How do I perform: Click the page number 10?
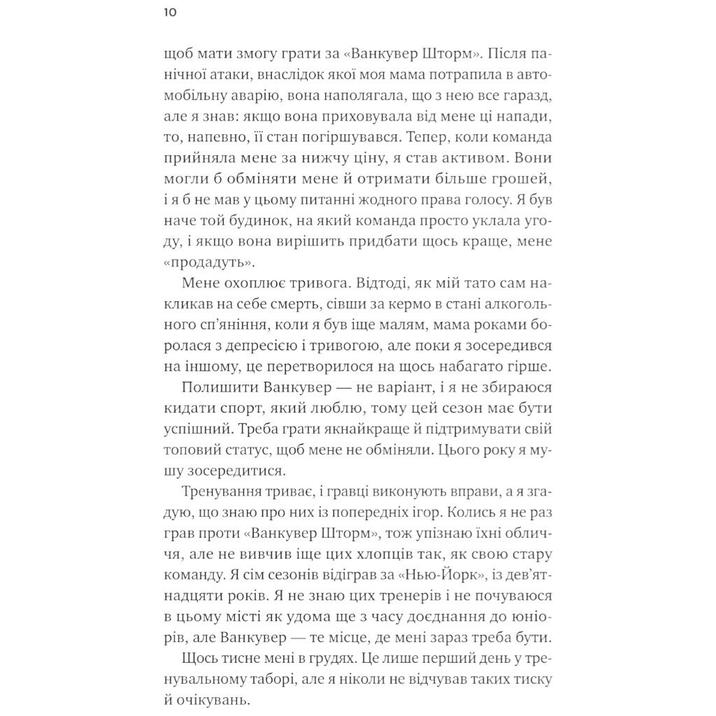170,13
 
